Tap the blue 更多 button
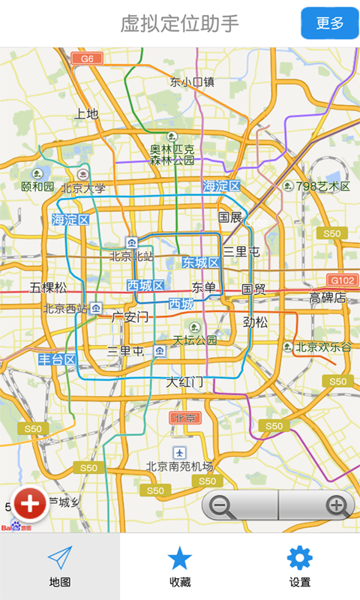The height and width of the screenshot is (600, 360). click(x=329, y=23)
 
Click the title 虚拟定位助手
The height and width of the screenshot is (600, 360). click(x=180, y=23)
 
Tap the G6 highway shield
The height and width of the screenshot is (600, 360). click(x=87, y=58)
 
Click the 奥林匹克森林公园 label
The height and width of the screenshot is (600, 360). click(x=172, y=154)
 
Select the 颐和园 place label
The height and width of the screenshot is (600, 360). click(x=37, y=186)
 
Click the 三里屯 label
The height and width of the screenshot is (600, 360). click(x=241, y=251)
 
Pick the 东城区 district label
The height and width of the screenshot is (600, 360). click(x=200, y=262)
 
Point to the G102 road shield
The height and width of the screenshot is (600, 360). click(x=343, y=280)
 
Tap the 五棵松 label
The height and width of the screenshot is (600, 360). click(x=48, y=287)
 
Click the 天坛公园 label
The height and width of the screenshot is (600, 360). click(x=194, y=340)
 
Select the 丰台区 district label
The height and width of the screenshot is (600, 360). click(x=58, y=360)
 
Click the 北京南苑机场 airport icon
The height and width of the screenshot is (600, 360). click(x=179, y=452)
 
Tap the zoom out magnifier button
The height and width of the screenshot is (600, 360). click(x=221, y=505)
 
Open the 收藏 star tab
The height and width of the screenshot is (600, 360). click(x=180, y=567)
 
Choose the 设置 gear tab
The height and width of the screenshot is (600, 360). click(x=299, y=567)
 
